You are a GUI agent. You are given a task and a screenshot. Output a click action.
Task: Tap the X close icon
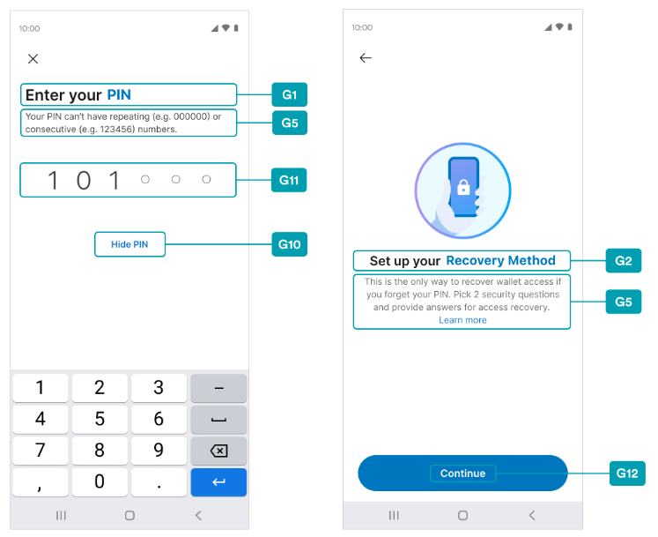(x=33, y=59)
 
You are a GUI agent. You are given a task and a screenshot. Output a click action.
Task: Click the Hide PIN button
(x=129, y=244)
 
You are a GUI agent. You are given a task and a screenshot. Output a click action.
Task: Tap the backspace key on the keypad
(x=218, y=451)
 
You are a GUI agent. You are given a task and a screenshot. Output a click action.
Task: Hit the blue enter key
(x=218, y=482)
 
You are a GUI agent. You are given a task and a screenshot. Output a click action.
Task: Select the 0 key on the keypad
(x=100, y=481)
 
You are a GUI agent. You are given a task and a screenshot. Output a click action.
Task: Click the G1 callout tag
(x=290, y=94)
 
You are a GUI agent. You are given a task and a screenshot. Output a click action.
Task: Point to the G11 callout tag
(x=289, y=180)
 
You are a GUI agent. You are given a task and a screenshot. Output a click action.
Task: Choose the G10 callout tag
(x=290, y=244)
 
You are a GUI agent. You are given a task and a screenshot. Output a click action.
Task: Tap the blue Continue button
(x=462, y=474)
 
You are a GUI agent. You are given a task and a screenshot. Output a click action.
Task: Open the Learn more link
(x=462, y=320)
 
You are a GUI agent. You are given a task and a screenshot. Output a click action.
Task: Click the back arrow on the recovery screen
(x=366, y=58)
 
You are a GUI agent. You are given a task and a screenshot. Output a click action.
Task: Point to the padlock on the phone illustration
(x=463, y=188)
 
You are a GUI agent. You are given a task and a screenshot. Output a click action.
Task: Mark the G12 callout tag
(x=627, y=474)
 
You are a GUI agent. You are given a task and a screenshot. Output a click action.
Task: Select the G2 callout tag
(x=624, y=260)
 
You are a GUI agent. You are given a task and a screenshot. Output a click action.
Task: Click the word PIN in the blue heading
(x=119, y=95)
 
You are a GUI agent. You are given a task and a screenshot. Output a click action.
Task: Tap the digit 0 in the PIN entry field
(x=84, y=181)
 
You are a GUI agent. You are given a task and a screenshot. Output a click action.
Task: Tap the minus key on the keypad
(x=218, y=388)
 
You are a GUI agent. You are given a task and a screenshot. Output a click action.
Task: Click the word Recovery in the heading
(x=475, y=261)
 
